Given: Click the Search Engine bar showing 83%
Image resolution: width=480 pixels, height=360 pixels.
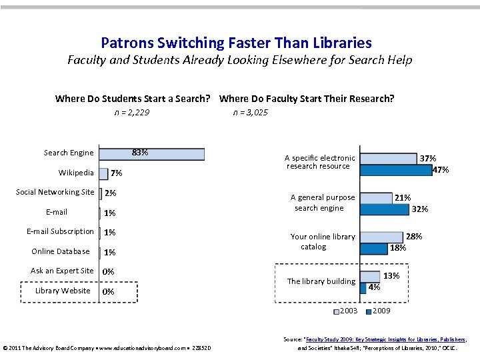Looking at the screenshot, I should [151, 153].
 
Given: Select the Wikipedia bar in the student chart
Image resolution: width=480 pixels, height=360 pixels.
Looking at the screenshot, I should [103, 173].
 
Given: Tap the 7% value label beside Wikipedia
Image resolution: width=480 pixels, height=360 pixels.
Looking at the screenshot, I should [117, 173].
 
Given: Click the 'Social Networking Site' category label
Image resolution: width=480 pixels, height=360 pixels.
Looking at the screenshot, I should [55, 192].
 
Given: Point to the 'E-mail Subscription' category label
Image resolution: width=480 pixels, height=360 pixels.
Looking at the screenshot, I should [60, 231].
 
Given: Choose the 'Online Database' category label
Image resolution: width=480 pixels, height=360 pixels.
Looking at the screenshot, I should [61, 251].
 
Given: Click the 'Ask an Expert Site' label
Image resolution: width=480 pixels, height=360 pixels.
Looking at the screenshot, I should [62, 271].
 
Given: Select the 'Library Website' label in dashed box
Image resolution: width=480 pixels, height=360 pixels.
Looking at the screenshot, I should [63, 291].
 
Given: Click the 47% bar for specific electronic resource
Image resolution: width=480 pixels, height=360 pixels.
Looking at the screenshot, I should [395, 169].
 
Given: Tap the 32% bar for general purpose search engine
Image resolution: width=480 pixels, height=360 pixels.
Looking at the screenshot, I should [384, 209].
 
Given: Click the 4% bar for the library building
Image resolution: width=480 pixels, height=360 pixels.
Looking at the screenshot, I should [363, 287].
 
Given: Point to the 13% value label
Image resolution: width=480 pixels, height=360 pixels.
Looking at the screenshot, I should [391, 276].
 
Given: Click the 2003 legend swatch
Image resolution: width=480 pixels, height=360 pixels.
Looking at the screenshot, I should [336, 311].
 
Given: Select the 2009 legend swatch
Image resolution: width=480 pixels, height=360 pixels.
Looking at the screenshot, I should [368, 311].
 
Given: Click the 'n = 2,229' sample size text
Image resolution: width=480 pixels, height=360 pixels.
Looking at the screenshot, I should [131, 113].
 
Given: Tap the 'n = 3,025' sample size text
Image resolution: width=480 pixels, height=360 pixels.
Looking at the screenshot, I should [250, 113].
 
